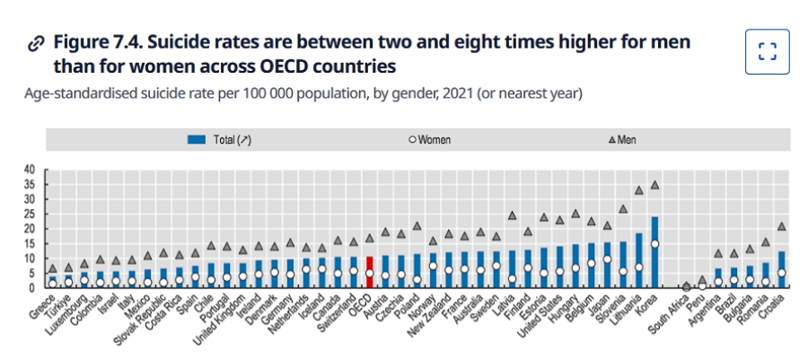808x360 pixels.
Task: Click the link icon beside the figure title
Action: pos(36,43)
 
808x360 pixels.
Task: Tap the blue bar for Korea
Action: pos(654,252)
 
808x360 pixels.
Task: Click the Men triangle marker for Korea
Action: pos(654,185)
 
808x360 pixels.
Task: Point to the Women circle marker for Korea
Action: pos(654,243)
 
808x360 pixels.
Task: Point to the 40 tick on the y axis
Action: pos(29,169)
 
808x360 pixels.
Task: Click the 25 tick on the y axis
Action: pos(29,214)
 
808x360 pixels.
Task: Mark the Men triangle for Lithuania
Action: pos(639,189)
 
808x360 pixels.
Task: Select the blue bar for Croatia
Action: pos(781,270)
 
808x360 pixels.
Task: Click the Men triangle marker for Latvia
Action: pos(512,215)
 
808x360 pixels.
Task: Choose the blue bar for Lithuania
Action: pos(639,260)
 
